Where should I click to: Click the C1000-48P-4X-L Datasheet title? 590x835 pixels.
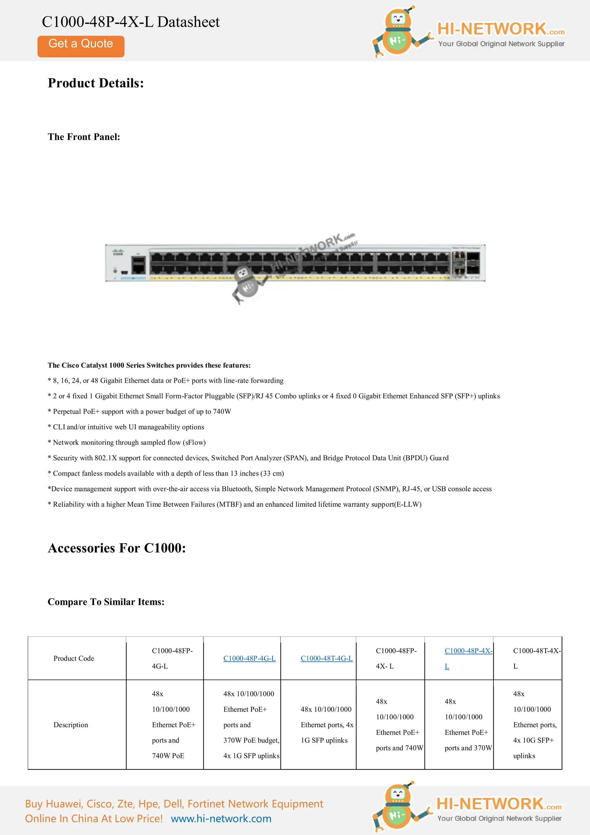(131, 22)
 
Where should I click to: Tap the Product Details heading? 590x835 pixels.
(96, 83)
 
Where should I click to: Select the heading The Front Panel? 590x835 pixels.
(84, 137)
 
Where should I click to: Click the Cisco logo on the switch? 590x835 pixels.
(118, 252)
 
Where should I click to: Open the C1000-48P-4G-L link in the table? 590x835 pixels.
(249, 658)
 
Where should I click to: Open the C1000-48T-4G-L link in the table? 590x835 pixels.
(326, 658)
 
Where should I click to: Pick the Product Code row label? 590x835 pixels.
(74, 658)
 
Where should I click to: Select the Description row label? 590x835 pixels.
(71, 725)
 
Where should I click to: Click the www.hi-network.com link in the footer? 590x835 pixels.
(221, 818)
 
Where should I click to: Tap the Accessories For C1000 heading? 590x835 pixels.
(117, 548)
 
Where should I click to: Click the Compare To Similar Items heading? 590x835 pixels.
(106, 602)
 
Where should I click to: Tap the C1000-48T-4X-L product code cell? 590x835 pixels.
(536, 658)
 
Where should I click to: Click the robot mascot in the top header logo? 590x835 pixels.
(397, 33)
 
